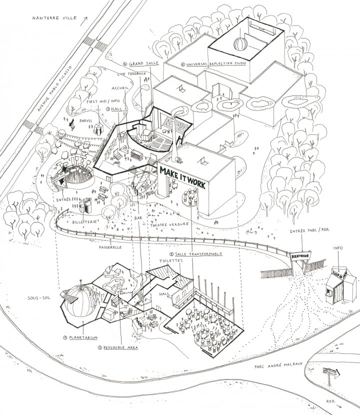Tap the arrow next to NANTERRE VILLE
[85, 18]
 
